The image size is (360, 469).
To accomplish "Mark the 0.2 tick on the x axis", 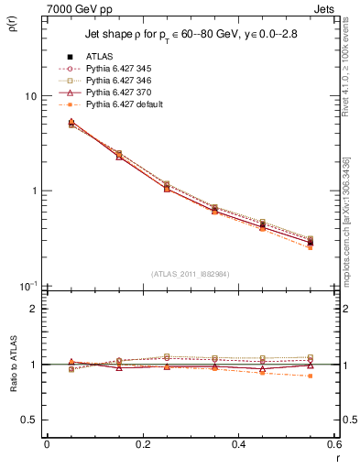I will click(x=142, y=444).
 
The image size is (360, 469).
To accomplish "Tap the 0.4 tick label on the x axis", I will click(x=238, y=444).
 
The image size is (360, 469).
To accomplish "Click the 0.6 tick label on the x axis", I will click(x=333, y=444).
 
